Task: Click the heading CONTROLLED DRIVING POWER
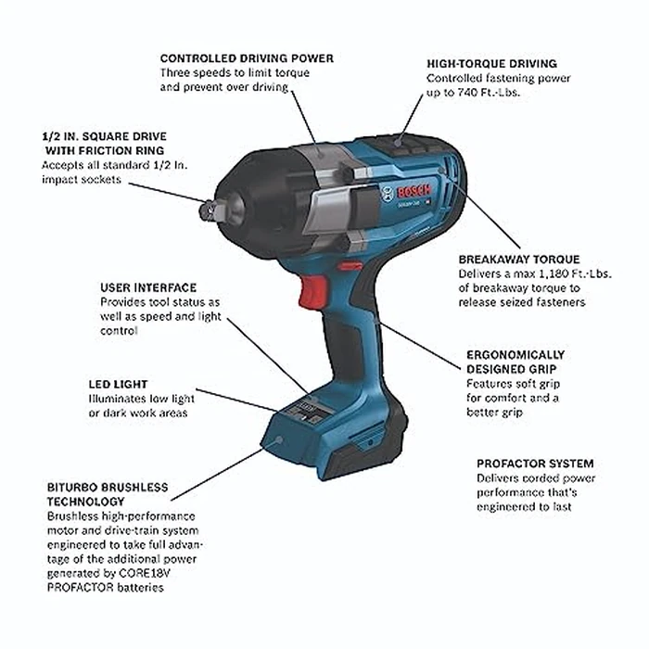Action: pos(247,57)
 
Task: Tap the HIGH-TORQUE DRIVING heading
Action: pos(491,63)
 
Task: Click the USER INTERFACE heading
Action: pos(148,288)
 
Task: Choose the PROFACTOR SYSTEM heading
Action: pos(535,464)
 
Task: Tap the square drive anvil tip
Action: pos(205,212)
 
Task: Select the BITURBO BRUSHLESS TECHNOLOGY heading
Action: pos(107,493)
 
